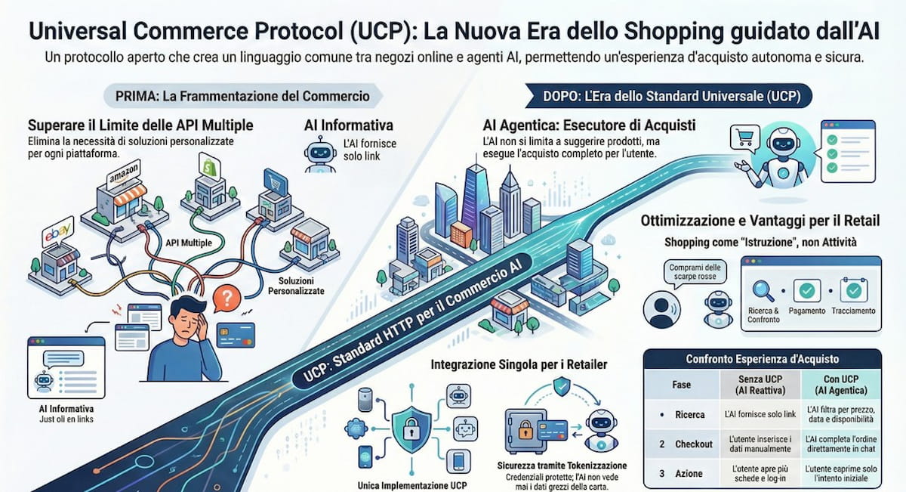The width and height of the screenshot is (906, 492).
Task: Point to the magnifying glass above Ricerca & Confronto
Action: [x=765, y=289]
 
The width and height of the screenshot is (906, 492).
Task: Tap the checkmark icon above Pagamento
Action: [x=809, y=289]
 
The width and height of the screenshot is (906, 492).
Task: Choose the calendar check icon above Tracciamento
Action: [x=854, y=289]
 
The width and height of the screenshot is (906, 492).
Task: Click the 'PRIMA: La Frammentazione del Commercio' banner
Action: [x=242, y=96]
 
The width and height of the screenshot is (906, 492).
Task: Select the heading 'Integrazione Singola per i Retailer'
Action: [x=519, y=365]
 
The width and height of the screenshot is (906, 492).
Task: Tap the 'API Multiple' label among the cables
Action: [x=187, y=244]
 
